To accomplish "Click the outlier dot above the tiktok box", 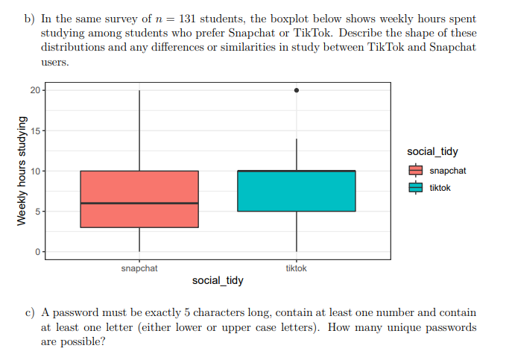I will [x=297, y=90].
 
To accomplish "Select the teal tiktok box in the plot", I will [x=297, y=192].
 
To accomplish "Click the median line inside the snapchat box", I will [x=139, y=203].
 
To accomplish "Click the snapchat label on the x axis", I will [x=139, y=268].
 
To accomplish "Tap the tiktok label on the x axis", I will [x=297, y=268].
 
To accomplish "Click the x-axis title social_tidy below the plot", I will [x=218, y=281].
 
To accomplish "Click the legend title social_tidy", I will [x=432, y=152].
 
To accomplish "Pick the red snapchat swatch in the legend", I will [x=416, y=171].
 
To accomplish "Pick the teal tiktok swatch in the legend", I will [x=416, y=188].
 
